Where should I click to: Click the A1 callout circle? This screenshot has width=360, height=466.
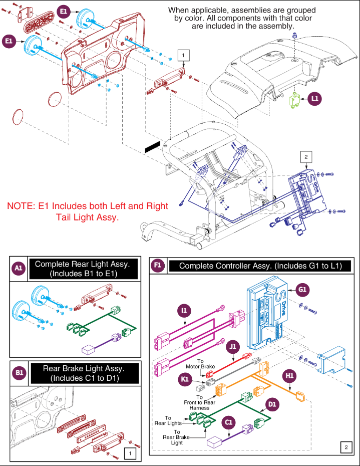click(x=19, y=269)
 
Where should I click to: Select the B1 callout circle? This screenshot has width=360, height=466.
click(x=19, y=373)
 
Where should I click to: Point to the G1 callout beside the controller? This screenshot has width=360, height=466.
click(x=302, y=289)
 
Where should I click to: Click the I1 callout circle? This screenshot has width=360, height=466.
click(x=184, y=311)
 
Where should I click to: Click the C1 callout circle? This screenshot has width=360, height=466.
click(x=228, y=423)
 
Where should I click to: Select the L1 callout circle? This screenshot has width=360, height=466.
click(x=314, y=99)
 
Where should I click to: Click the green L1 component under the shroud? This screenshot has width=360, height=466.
click(x=295, y=100)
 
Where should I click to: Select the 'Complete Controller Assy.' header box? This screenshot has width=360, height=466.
click(x=258, y=266)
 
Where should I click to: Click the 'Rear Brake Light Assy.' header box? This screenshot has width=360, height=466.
click(x=83, y=373)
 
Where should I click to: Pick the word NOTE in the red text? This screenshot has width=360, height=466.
click(x=21, y=206)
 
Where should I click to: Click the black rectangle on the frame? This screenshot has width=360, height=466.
click(x=152, y=146)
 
